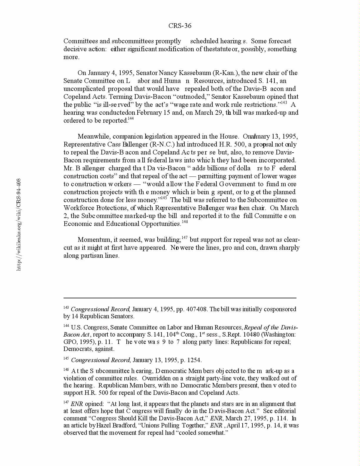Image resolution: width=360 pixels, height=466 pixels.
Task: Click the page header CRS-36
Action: click(180, 26)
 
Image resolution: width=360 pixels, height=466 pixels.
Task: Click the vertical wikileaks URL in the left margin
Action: click(19, 224)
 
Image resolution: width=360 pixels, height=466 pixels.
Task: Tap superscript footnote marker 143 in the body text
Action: click(284, 103)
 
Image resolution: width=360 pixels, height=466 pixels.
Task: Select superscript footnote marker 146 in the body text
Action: click(185, 222)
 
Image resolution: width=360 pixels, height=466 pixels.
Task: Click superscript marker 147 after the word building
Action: click(184, 238)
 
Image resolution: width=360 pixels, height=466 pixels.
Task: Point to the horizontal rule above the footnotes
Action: click(180, 298)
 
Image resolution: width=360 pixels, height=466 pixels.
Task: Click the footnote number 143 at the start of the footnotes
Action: click(66, 308)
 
